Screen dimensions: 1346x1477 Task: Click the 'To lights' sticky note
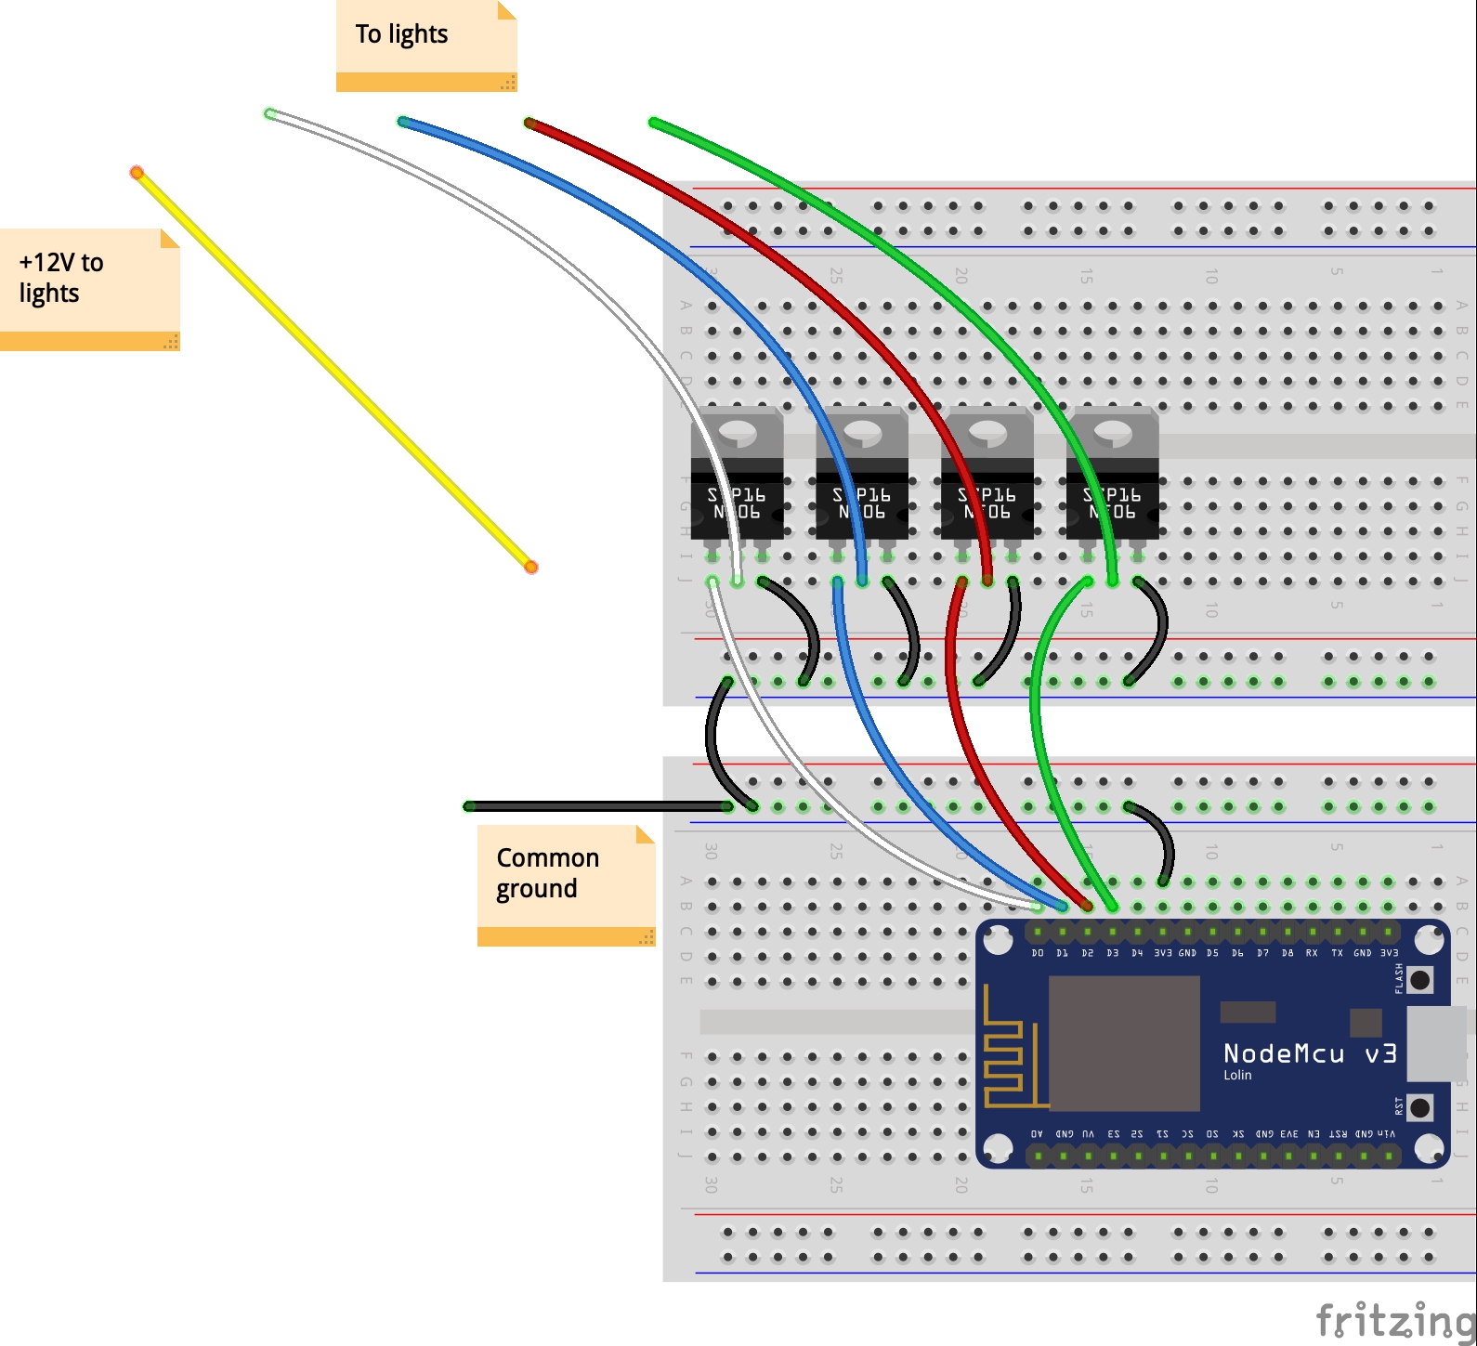pyautogui.click(x=425, y=45)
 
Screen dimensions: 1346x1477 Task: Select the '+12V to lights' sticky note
pyautogui.click(x=88, y=288)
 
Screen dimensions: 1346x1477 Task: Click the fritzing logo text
pyautogui.click(x=1394, y=1319)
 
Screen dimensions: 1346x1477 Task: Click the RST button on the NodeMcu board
pyautogui.click(x=1419, y=1107)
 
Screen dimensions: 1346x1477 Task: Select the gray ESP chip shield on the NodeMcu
pyautogui.click(x=1124, y=1042)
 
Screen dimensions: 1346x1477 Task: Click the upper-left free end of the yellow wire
pyautogui.click(x=137, y=173)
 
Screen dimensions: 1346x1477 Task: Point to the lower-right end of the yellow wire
pyautogui.click(x=530, y=567)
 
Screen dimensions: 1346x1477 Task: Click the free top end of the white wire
pyautogui.click(x=270, y=114)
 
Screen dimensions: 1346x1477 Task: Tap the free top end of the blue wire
pyautogui.click(x=403, y=122)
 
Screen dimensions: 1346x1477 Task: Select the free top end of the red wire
pyautogui.click(x=529, y=123)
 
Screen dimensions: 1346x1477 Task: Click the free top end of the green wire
pyautogui.click(x=654, y=123)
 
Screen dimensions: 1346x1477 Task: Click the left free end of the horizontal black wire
pyautogui.click(x=469, y=806)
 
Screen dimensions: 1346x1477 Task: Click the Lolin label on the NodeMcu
pyautogui.click(x=1237, y=1075)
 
